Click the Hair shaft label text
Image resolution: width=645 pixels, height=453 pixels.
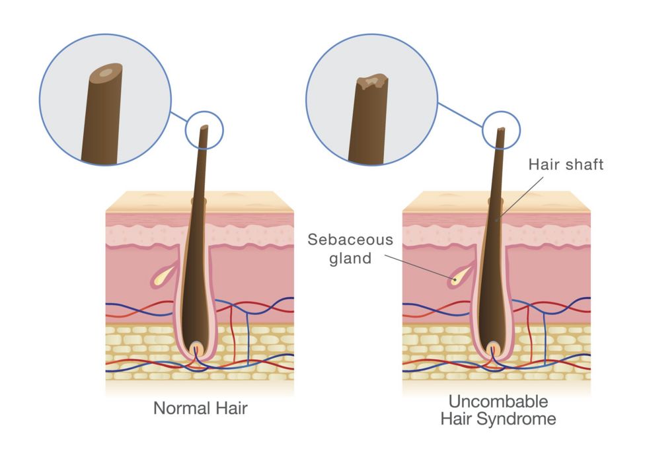click(x=566, y=165)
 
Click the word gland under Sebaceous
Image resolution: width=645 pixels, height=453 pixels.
click(x=350, y=258)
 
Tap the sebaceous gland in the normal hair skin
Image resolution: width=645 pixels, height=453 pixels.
click(x=163, y=278)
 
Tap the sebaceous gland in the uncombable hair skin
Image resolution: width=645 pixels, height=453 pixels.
click(x=457, y=278)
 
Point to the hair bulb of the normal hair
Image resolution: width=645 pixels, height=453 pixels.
click(x=197, y=348)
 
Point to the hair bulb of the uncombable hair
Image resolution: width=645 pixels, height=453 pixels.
click(x=492, y=348)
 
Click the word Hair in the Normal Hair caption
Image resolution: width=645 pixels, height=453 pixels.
click(x=231, y=408)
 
